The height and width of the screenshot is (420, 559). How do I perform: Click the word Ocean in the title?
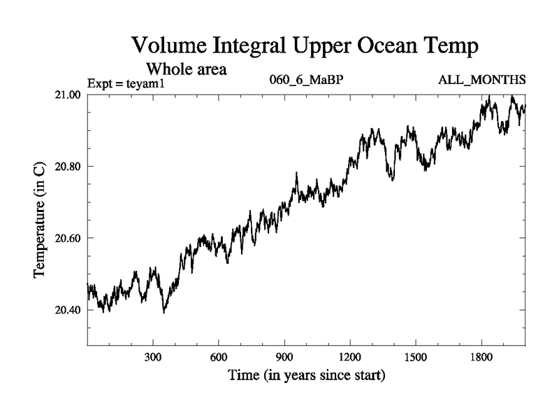[386, 47]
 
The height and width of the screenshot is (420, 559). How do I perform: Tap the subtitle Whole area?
[187, 69]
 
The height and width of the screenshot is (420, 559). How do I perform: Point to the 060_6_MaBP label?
[306, 80]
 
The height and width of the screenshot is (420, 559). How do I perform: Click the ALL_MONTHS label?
[481, 80]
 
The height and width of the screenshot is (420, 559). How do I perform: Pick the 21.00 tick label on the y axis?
[68, 94]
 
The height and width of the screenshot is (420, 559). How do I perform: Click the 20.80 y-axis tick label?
[68, 167]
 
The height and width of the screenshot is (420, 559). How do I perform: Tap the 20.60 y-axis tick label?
[68, 238]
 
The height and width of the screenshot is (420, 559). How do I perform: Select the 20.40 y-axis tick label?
[68, 310]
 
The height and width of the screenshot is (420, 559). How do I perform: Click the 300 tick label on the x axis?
[153, 357]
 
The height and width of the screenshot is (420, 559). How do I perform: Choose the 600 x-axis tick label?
[219, 357]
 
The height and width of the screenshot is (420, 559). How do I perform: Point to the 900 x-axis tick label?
[284, 357]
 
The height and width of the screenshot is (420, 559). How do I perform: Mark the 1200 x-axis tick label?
[350, 357]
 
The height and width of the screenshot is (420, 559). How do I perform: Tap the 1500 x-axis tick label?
[416, 357]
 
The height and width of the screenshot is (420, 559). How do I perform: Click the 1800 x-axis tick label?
[481, 357]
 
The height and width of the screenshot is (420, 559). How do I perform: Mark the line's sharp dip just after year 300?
[164, 311]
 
